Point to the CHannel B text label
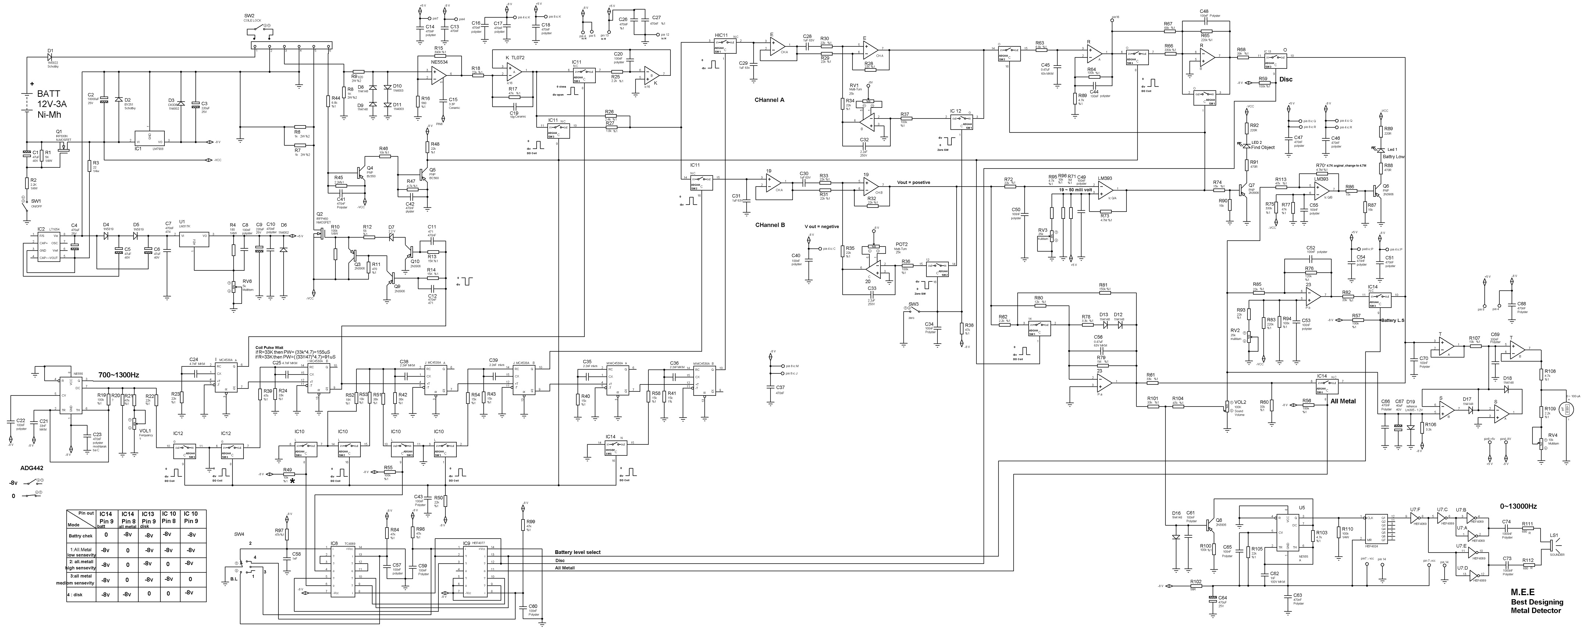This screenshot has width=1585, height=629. (770, 225)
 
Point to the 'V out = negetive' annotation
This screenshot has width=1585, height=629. (822, 227)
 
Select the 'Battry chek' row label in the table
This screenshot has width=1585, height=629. (81, 536)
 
